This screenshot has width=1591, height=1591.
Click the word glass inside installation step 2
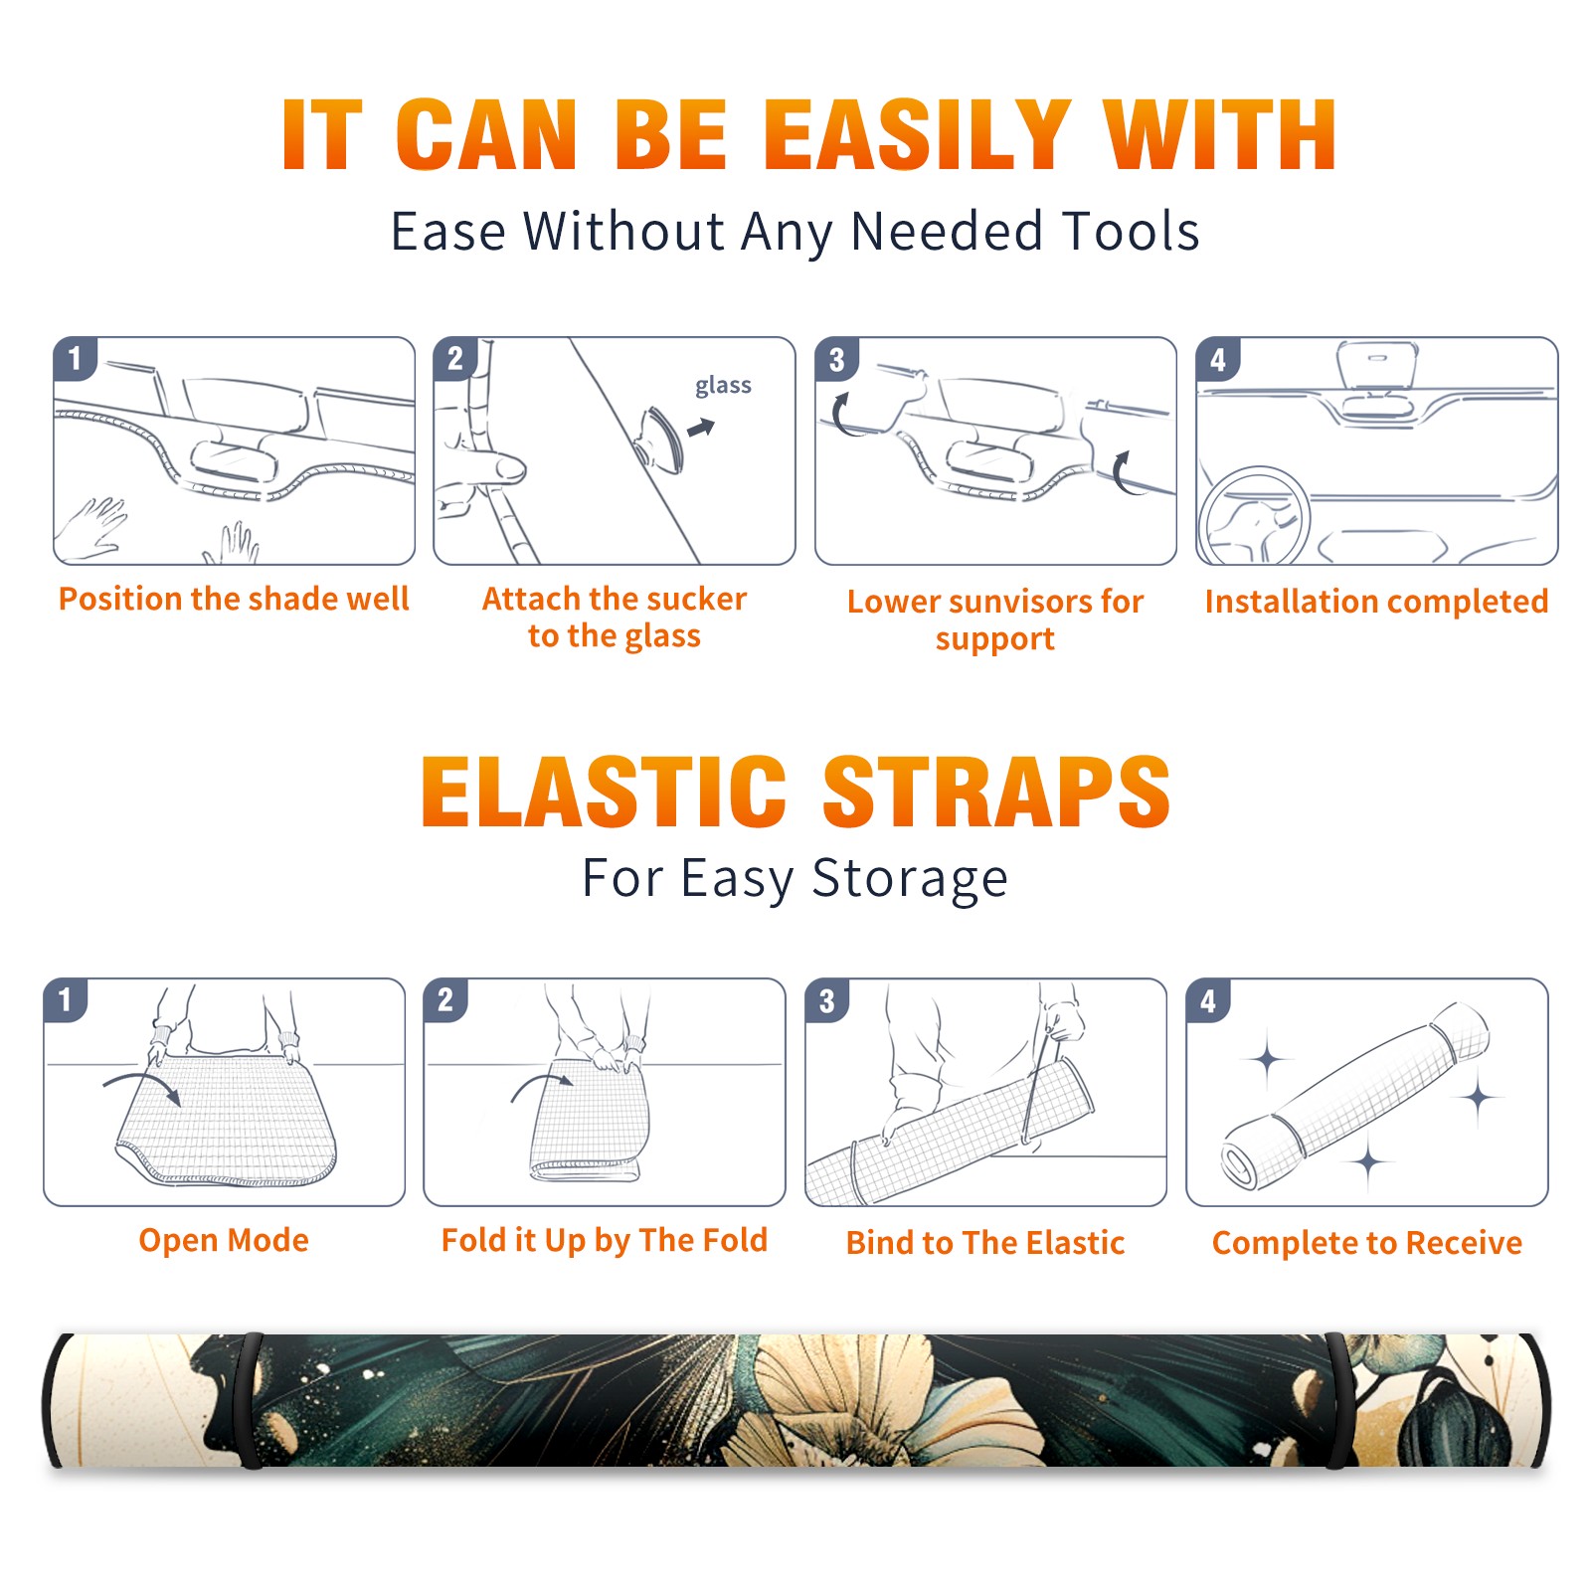pyautogui.click(x=723, y=386)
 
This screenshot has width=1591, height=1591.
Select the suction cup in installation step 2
pyautogui.click(x=662, y=439)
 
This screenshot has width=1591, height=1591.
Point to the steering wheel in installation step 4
pyautogui.click(x=1253, y=517)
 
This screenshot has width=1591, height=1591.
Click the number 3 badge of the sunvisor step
pyautogui.click(x=837, y=359)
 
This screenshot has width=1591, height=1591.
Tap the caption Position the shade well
pyautogui.click(x=234, y=599)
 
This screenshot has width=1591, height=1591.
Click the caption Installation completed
pyautogui.click(x=1376, y=602)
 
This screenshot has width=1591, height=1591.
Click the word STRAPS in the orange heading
pyautogui.click(x=996, y=792)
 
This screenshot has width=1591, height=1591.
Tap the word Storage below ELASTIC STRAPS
pyautogui.click(x=910, y=879)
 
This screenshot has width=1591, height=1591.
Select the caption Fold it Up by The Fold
pyautogui.click(x=605, y=1241)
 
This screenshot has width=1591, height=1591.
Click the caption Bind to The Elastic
pyautogui.click(x=985, y=1243)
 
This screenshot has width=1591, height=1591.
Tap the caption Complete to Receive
pyautogui.click(x=1367, y=1243)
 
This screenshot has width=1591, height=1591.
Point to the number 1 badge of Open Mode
pyautogui.click(x=66, y=999)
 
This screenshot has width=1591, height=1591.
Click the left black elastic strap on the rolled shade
pyautogui.click(x=251, y=1400)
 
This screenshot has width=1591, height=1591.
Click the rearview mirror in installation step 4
pyautogui.click(x=1377, y=366)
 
